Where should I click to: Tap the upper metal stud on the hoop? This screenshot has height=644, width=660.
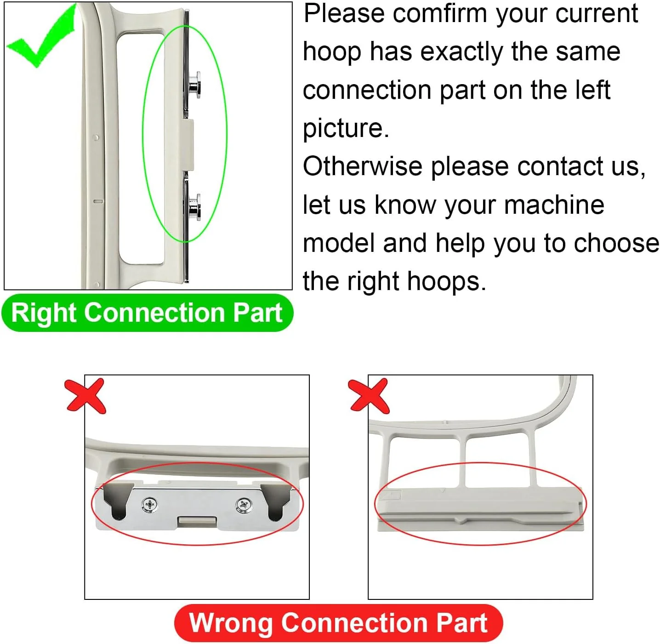click(x=194, y=85)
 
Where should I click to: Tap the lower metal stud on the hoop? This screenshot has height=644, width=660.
click(x=194, y=207)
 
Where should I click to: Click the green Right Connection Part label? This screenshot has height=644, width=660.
click(x=147, y=313)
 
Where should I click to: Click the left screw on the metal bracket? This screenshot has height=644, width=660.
click(x=149, y=505)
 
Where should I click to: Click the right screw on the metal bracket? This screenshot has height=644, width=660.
click(x=244, y=505)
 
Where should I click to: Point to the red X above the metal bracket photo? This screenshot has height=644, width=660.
click(x=85, y=396)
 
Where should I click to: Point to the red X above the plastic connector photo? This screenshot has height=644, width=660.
click(x=369, y=396)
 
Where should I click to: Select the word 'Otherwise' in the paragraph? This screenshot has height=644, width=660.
click(x=362, y=166)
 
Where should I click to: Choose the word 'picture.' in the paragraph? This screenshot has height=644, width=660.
click(x=346, y=128)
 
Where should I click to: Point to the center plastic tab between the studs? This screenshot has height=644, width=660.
click(x=188, y=145)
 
